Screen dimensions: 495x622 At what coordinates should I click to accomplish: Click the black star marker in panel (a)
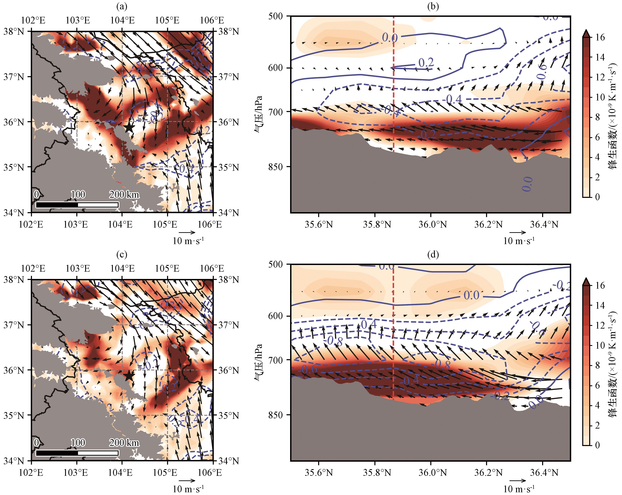pos(129,127)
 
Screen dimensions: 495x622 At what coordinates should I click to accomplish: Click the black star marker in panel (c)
pos(129,376)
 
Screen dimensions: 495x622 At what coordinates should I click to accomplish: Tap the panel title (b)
pos(433,6)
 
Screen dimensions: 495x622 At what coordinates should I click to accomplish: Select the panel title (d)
pos(433,255)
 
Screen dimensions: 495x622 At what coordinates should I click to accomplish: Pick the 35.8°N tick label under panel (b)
pos(377,224)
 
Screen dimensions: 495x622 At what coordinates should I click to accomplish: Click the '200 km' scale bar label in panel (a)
pos(124,194)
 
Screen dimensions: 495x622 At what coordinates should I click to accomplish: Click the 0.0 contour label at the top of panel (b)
pos(390,38)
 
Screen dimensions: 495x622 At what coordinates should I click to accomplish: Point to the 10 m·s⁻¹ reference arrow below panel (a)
pos(187,232)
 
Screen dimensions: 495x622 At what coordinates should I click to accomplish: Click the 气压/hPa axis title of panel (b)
pos(258,114)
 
